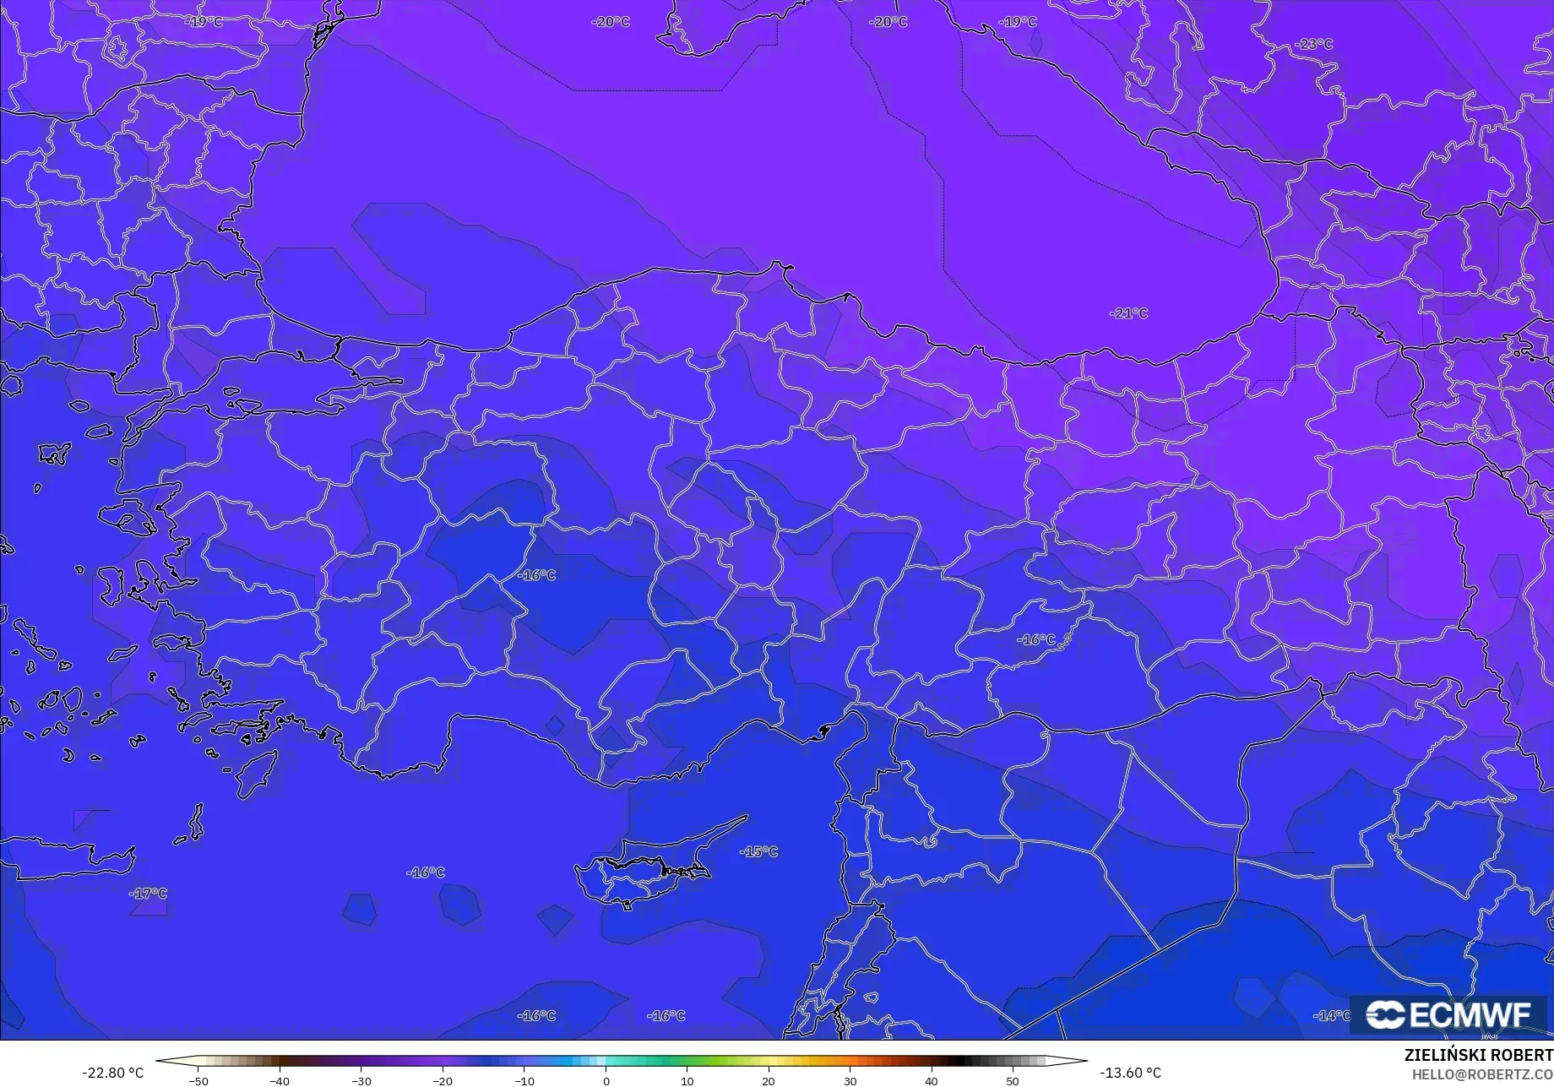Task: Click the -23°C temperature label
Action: tap(1313, 44)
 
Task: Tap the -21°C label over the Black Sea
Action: tap(1129, 313)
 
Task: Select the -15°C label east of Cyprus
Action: tap(758, 851)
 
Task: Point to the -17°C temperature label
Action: tap(148, 894)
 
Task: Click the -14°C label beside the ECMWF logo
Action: tap(1332, 1016)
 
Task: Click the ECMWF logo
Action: tap(1448, 1014)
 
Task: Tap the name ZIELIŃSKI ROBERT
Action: tap(1478, 1056)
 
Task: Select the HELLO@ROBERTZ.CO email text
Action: tap(1482, 1074)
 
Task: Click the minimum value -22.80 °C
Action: tap(112, 1073)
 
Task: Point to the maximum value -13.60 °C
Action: tap(1130, 1073)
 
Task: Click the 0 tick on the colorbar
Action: tap(606, 1080)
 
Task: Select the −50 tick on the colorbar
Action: tap(198, 1080)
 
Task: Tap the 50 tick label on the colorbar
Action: tap(1013, 1080)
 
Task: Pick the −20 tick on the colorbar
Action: tap(443, 1080)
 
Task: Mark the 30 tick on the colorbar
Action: tap(850, 1080)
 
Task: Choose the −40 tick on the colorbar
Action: tap(280, 1080)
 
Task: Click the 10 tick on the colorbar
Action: tap(687, 1080)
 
